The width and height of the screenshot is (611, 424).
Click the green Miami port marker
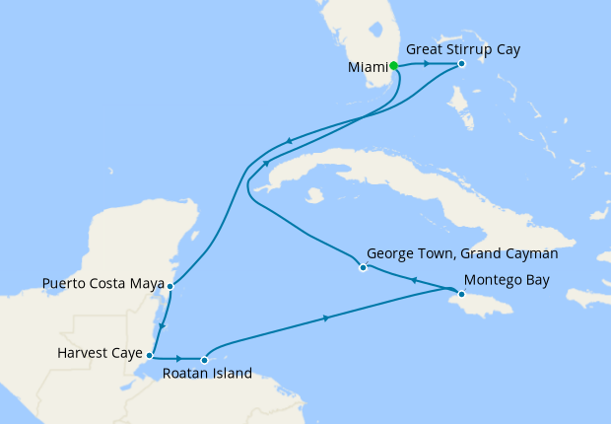click(x=394, y=66)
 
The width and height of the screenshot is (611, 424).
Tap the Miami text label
click(x=368, y=67)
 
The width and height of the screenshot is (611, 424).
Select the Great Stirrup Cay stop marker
click(x=461, y=65)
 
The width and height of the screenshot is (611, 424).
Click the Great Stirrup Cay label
click(x=462, y=47)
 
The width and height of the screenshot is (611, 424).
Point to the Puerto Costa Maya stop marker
click(x=170, y=286)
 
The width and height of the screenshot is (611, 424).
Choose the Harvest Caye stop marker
click(x=149, y=354)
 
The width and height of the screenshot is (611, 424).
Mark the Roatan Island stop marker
click(x=204, y=359)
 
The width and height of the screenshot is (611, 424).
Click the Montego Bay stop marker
click(x=461, y=294)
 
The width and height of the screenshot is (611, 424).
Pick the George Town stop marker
click(x=363, y=267)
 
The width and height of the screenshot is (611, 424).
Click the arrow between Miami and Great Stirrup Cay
click(x=426, y=65)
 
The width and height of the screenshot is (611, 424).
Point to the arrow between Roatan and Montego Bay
click(x=325, y=318)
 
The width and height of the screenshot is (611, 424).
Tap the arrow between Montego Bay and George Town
click(x=415, y=281)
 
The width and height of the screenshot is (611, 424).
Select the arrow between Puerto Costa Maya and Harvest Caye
click(x=162, y=325)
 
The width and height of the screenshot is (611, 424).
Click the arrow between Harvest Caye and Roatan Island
click(x=178, y=359)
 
